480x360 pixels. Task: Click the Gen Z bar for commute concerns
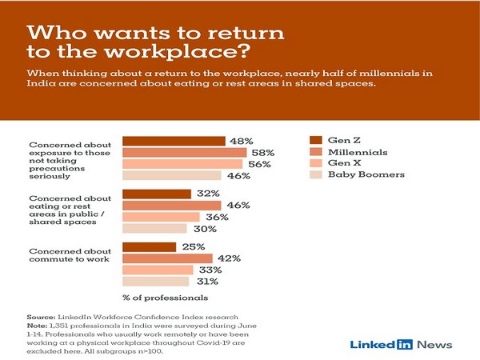pos(149,247)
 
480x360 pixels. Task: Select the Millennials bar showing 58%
pos(184,152)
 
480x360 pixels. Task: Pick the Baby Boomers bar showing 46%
pos(171,175)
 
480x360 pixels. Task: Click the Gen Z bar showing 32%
pos(156,194)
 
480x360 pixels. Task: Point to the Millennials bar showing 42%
pos(166,258)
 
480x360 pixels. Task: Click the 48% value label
pos(243,141)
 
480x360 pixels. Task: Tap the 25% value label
pos(194,247)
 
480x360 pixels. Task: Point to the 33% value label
pos(210,270)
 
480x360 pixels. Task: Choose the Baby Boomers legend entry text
pos(365,174)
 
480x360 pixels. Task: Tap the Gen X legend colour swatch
pos(316,162)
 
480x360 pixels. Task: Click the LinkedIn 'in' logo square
pos(405,345)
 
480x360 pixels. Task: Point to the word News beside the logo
pos(434,345)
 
